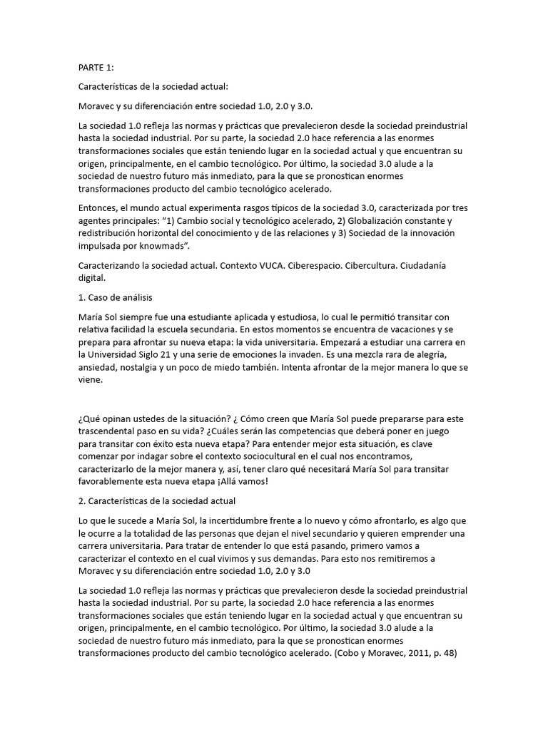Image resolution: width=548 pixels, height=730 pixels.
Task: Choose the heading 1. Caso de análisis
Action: coord(115,297)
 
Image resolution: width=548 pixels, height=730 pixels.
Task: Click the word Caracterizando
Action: coord(113,265)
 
